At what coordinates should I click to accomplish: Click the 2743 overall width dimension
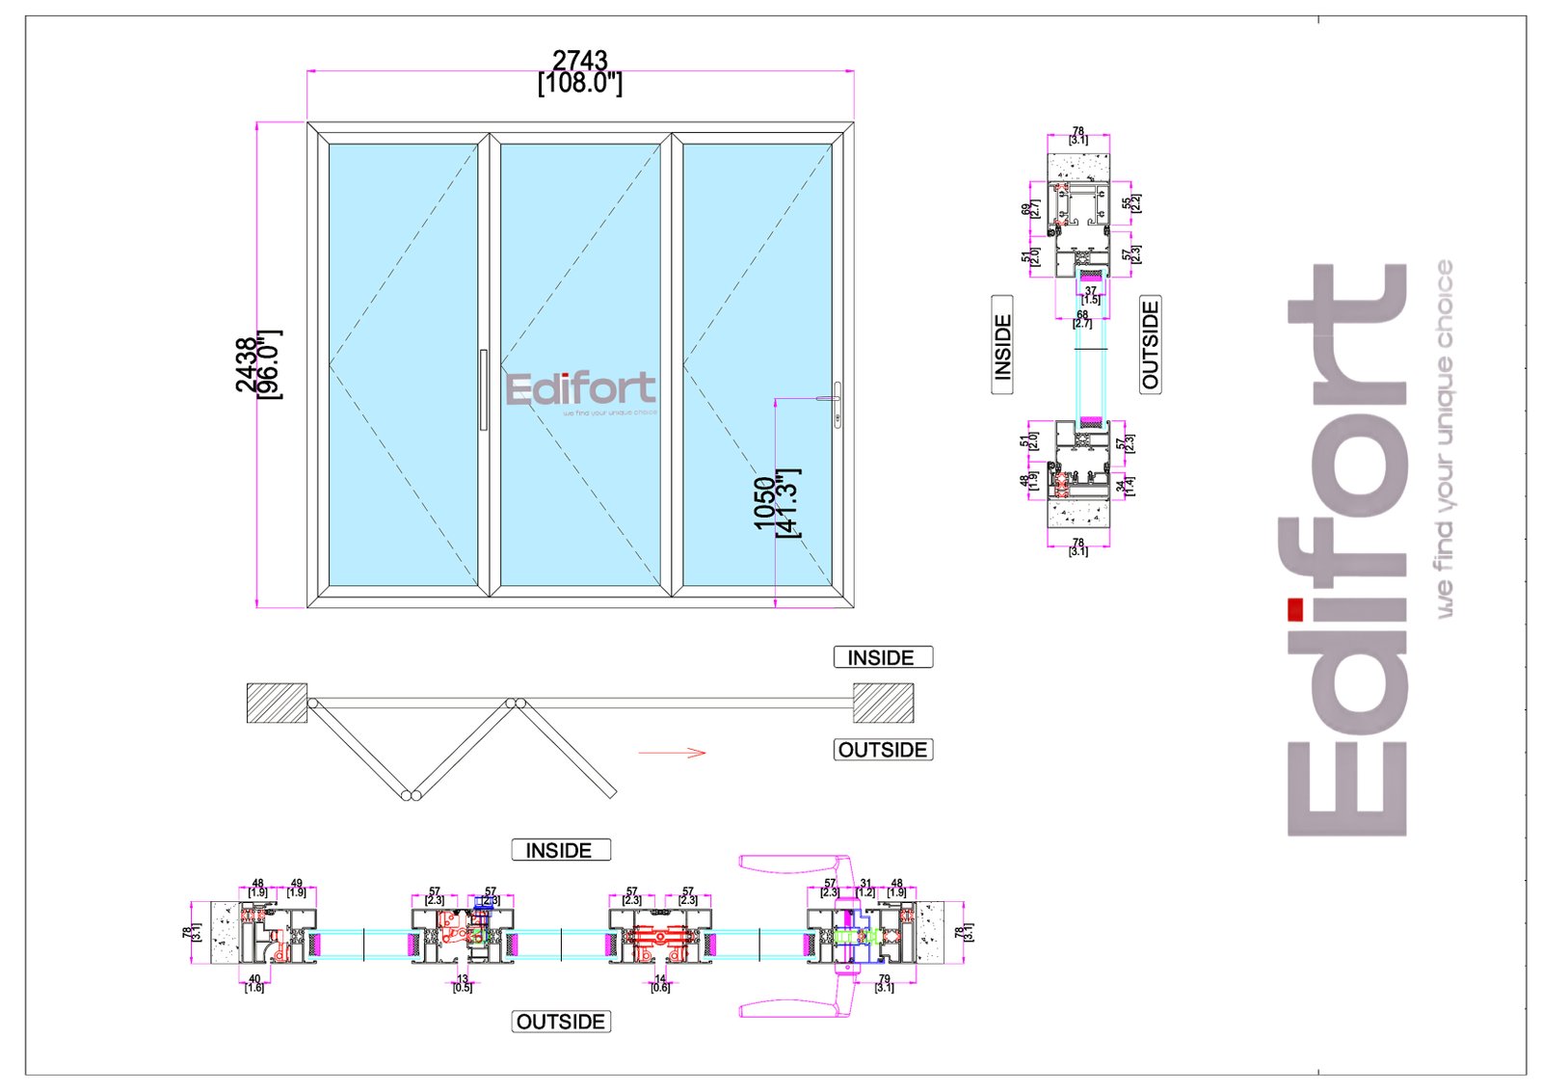coord(579,62)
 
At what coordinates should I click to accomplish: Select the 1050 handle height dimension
coord(764,502)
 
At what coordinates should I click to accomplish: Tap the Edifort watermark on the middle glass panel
coord(580,390)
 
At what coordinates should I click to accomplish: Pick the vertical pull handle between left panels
coord(483,389)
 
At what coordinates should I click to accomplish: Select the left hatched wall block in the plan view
coord(277,703)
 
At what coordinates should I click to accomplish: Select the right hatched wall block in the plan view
coord(883,703)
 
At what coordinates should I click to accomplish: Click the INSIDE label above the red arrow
coord(882,657)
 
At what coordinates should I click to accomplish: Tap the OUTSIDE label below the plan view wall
coord(882,750)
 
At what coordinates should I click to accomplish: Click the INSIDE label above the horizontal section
coord(560,850)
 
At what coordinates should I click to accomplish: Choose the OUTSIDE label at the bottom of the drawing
coord(561,1022)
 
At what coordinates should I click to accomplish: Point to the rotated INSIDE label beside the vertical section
coord(1002,345)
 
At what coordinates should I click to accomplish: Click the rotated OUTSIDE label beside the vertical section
coord(1150,344)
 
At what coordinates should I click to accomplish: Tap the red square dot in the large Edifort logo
coord(1295,609)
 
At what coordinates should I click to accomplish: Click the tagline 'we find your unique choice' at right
coord(1444,439)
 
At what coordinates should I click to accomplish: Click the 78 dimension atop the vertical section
coord(1078,131)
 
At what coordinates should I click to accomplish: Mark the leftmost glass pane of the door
coord(403,364)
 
